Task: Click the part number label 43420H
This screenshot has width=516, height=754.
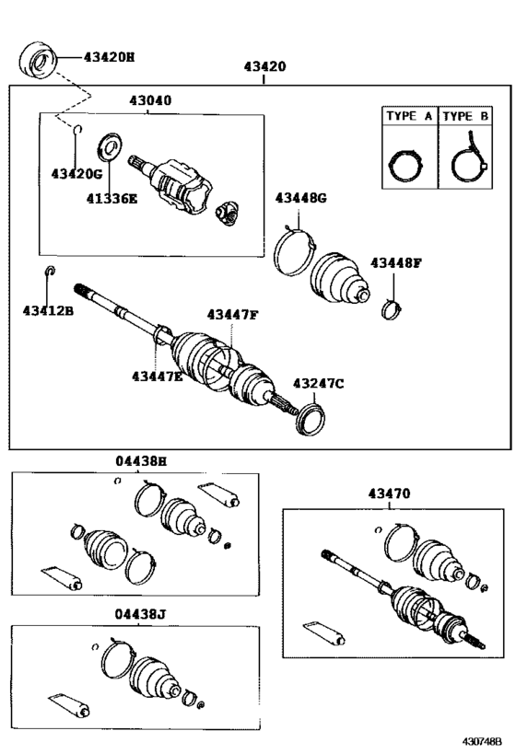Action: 110,57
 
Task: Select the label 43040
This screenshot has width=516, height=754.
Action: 150,100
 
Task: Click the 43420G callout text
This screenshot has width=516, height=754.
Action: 77,174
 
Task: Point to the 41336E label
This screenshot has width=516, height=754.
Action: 111,198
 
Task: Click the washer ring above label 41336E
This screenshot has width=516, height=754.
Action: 110,146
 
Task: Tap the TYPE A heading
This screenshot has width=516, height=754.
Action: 409,116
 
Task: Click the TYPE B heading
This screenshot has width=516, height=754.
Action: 465,116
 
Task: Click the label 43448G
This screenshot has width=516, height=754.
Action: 300,198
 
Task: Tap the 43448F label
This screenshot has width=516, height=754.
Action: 395,263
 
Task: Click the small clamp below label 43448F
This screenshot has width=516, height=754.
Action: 392,309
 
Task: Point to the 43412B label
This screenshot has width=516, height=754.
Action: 48,311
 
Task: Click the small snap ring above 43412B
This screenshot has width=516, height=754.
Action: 50,271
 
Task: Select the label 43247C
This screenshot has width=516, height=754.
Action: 318,383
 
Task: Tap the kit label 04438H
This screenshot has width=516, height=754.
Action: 141,461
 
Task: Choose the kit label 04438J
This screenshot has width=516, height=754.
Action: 140,615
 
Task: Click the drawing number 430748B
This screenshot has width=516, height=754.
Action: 482,740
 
